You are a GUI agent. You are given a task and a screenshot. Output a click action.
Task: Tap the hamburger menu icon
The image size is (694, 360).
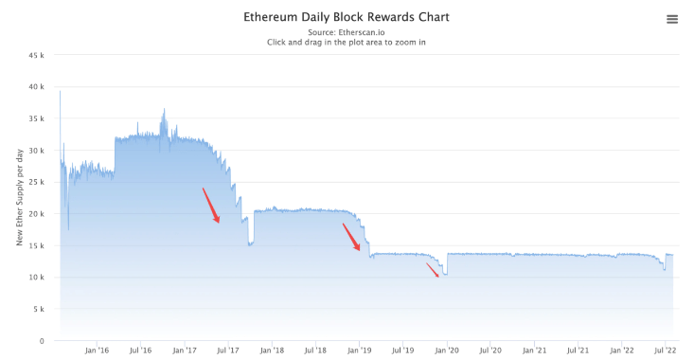672,19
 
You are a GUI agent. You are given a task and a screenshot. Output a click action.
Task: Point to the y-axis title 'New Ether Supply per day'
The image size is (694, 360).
20,197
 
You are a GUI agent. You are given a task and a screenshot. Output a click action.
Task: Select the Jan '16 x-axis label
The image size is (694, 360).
97,351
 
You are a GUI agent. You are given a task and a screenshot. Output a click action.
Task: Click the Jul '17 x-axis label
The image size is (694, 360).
227,351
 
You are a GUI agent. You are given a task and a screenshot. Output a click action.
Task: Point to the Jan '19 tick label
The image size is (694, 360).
359,351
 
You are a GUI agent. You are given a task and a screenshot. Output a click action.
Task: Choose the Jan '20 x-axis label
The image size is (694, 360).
446,351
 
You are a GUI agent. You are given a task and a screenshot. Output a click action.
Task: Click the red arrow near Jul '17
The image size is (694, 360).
211,206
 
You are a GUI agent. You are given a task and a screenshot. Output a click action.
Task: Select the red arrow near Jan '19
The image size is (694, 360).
351,237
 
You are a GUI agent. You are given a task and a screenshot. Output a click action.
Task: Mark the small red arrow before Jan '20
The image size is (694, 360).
432,270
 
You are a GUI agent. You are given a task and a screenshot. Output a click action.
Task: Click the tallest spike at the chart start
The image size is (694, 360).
60,92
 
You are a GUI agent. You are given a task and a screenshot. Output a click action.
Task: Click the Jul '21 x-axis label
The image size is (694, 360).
578,351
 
